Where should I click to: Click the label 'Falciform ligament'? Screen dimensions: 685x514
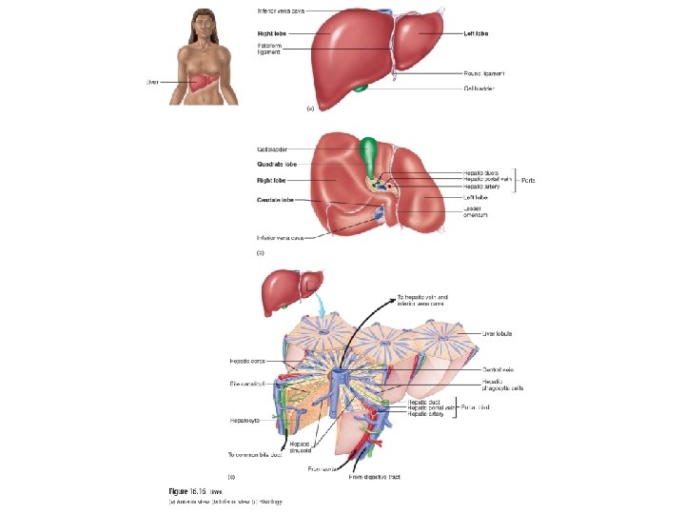tap(268, 47)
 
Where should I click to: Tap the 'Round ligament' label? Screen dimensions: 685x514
tap(484, 72)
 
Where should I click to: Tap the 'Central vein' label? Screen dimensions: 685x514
tap(499, 369)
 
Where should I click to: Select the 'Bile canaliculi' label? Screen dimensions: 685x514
tap(245, 384)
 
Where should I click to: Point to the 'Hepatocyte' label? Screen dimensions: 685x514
tap(245, 419)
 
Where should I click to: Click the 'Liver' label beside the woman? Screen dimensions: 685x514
tap(151, 82)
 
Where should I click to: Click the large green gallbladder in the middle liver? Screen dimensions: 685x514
tap(369, 153)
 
